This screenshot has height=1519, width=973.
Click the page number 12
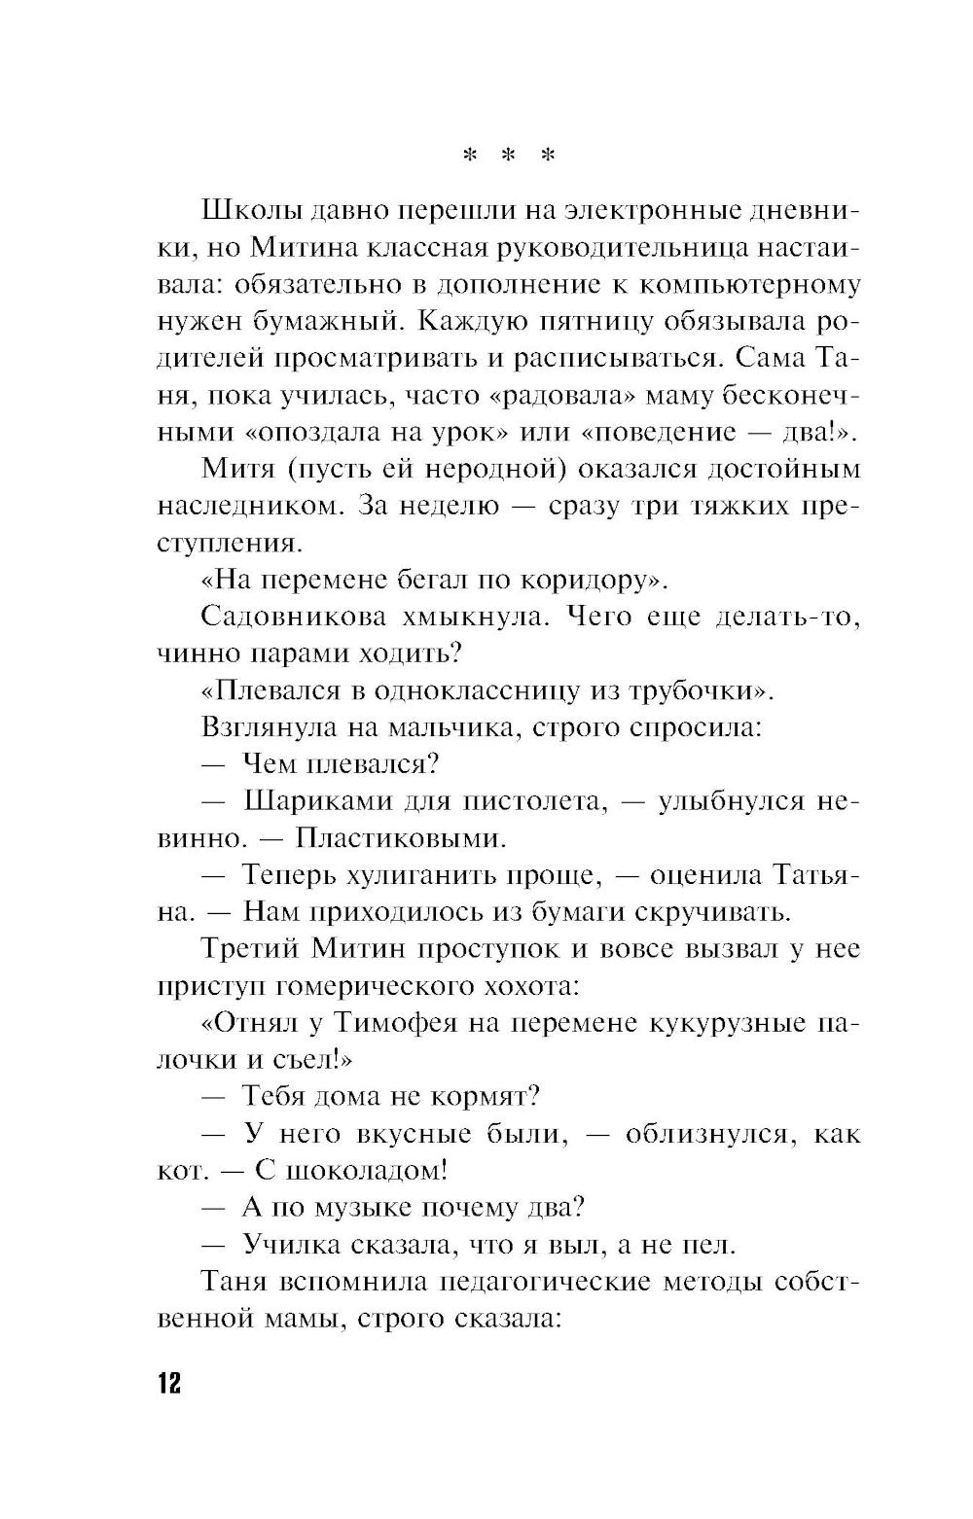pyautogui.click(x=168, y=1383)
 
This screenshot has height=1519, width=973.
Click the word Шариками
pyautogui.click(x=311, y=801)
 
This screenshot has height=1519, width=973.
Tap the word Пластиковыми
pyautogui.click(x=401, y=838)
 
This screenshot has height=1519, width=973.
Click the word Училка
pyautogui.click(x=291, y=1245)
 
